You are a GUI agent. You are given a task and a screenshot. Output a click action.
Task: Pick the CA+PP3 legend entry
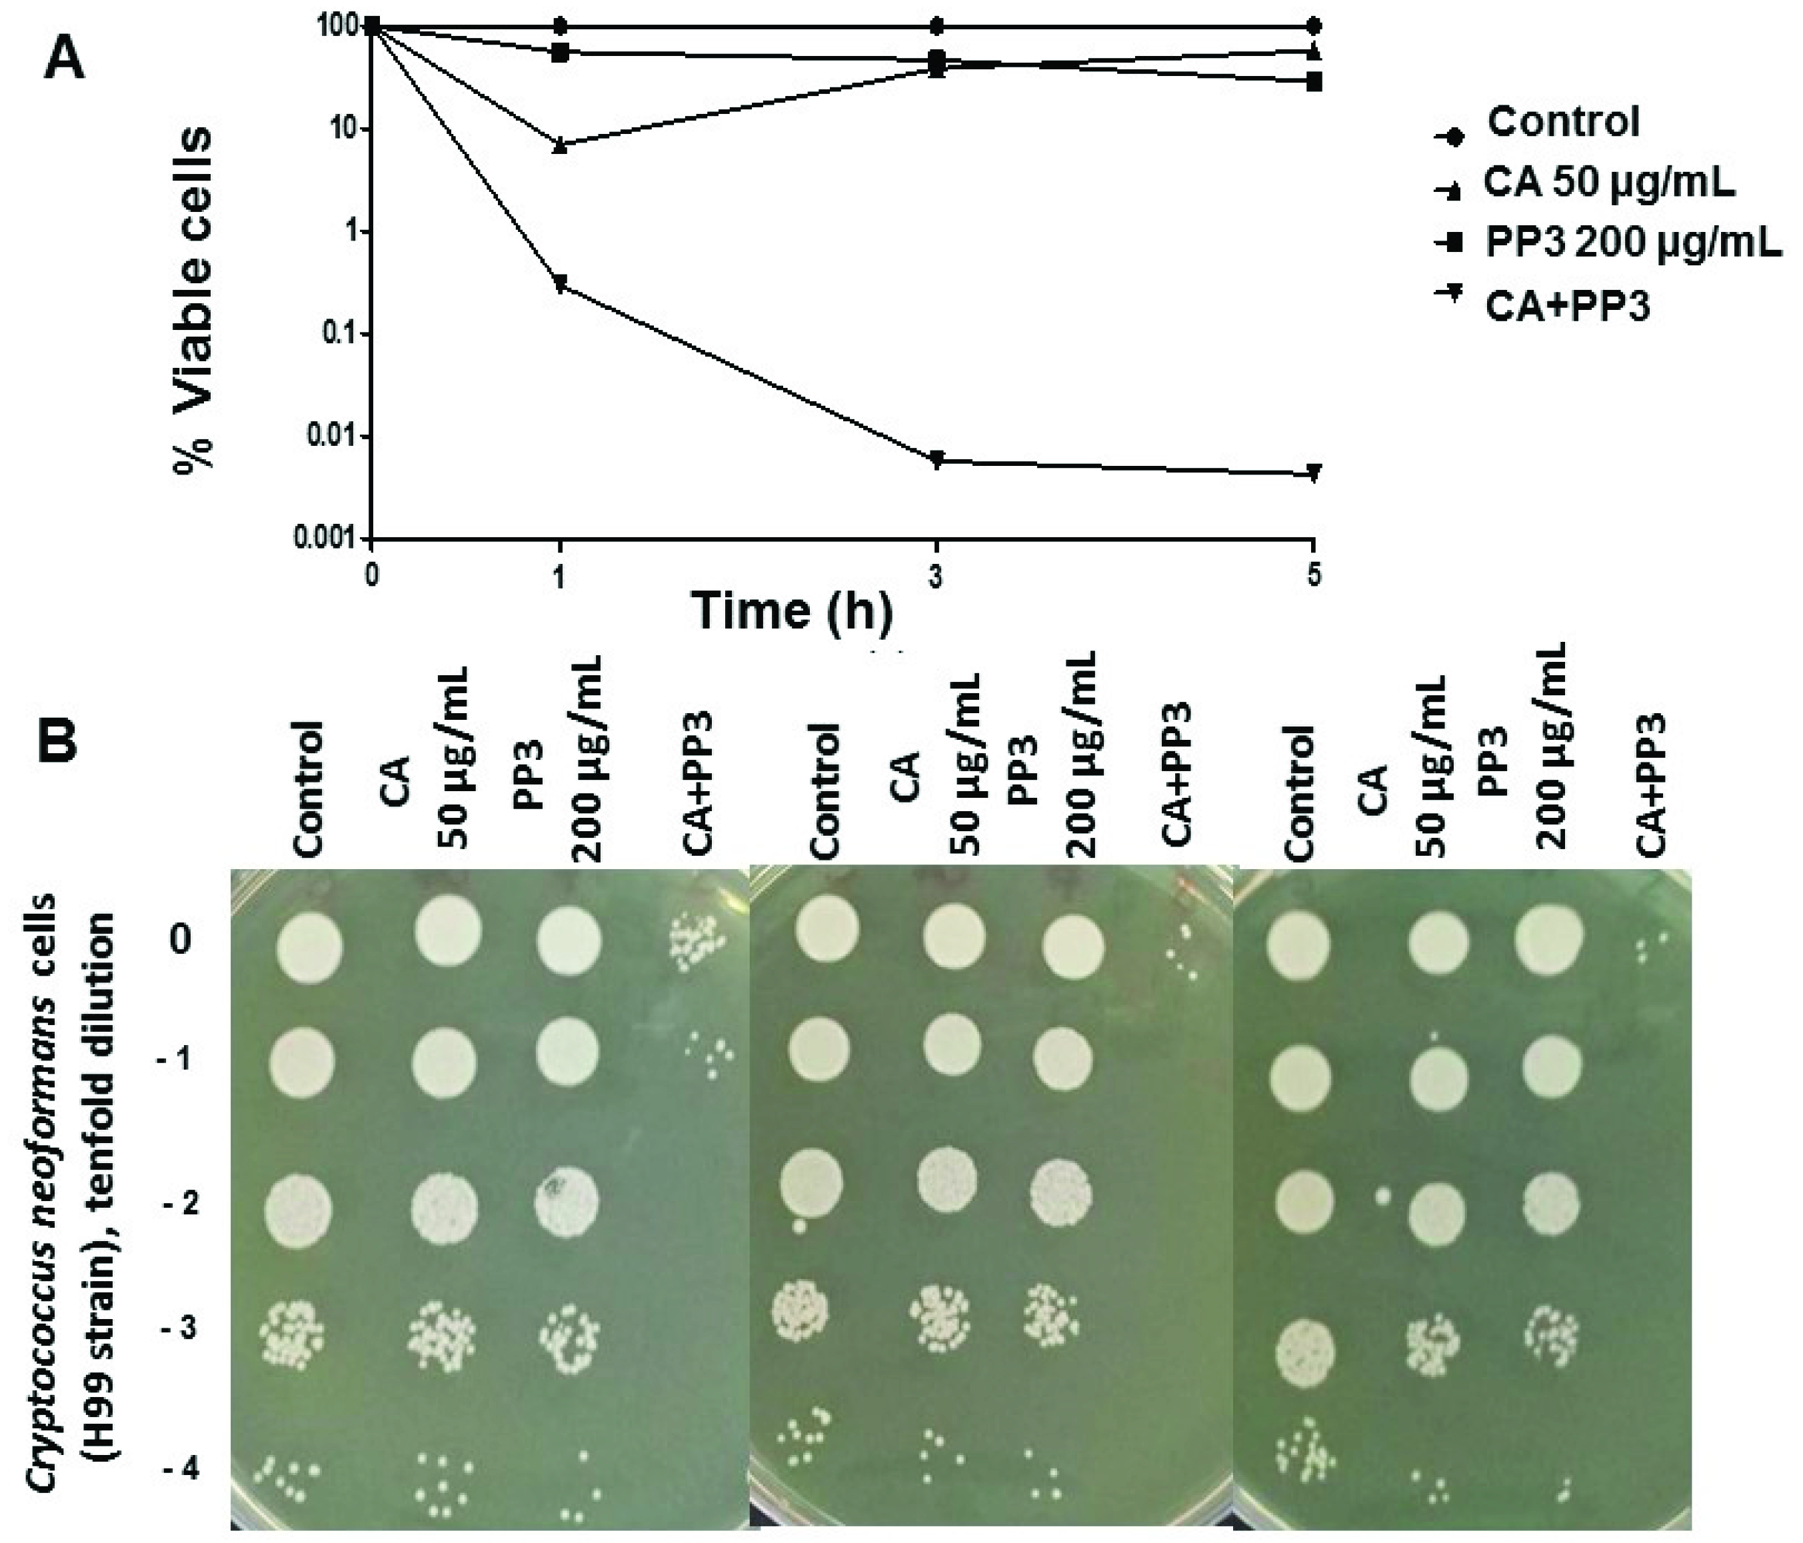coord(1566,307)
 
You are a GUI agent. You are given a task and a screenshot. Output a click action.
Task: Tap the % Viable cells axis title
coord(193,300)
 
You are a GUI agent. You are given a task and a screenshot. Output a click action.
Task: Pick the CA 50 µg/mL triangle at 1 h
coord(561,145)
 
